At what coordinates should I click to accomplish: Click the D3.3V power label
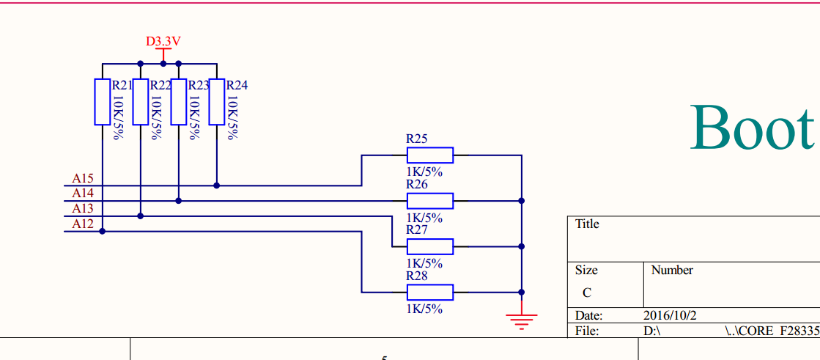163,42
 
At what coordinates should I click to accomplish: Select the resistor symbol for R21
102,101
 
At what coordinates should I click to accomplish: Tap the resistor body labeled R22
140,101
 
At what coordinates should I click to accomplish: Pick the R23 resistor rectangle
178,101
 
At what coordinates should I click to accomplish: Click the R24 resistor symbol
216,101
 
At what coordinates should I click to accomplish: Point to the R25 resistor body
430,155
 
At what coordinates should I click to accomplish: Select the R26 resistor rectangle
430,200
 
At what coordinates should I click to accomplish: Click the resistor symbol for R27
430,246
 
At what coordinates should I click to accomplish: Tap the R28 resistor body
430,292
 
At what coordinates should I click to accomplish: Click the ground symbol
521,320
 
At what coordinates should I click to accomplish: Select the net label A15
83,178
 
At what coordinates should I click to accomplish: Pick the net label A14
83,194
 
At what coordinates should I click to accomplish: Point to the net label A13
83,209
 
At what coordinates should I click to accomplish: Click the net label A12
83,224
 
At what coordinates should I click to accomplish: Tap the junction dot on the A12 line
102,231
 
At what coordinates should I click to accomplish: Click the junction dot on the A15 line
216,185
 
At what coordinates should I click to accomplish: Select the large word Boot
752,128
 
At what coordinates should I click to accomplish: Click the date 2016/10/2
670,315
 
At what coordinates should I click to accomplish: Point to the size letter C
586,293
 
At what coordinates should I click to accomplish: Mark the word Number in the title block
671,271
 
